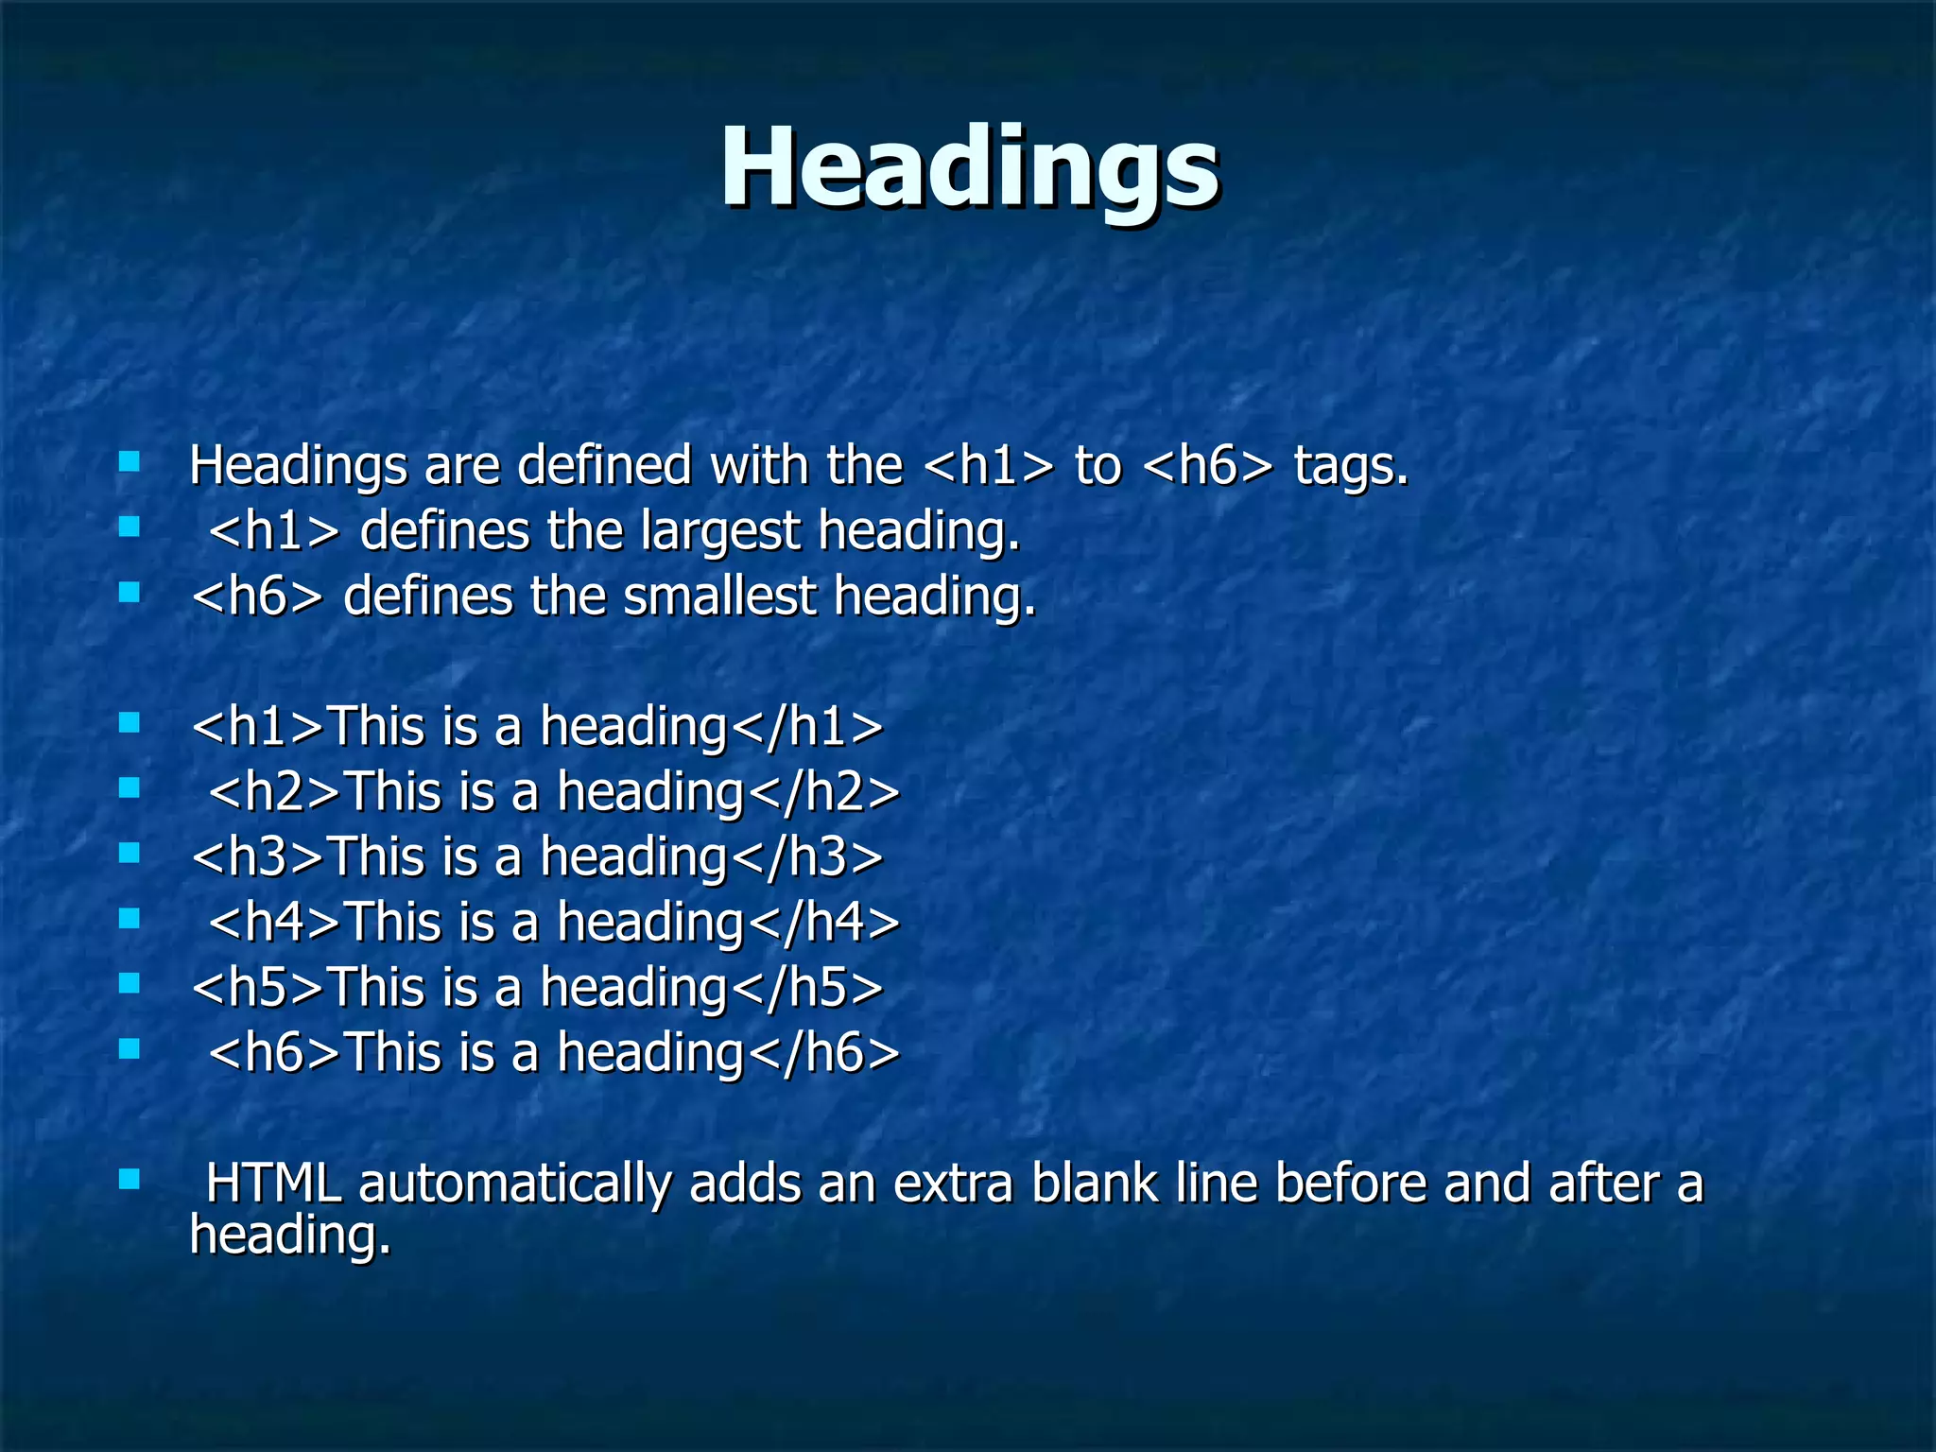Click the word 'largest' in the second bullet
(720, 531)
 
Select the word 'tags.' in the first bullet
(1351, 466)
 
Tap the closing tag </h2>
(824, 792)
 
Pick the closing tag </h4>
(824, 923)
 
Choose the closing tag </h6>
(824, 1053)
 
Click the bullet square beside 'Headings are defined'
(130, 462)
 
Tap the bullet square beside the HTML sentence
(130, 1180)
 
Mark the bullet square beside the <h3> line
(130, 854)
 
